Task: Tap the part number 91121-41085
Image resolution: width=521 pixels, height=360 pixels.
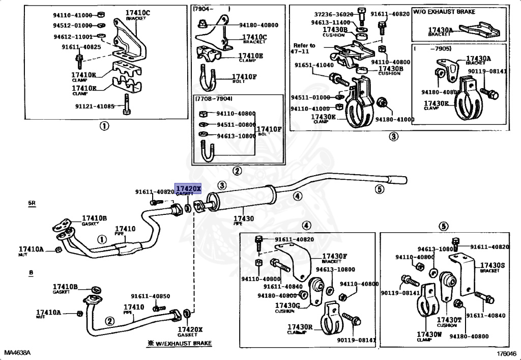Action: (96, 107)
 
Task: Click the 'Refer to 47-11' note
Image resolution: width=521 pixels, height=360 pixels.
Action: (304, 48)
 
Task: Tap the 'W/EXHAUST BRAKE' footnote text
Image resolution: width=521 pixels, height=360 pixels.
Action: (183, 344)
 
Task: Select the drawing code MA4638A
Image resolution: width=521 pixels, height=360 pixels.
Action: (17, 353)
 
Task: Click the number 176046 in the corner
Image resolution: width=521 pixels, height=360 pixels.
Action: (506, 353)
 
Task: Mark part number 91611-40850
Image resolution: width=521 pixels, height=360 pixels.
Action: (151, 296)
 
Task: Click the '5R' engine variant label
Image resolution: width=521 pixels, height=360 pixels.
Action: (32, 203)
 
